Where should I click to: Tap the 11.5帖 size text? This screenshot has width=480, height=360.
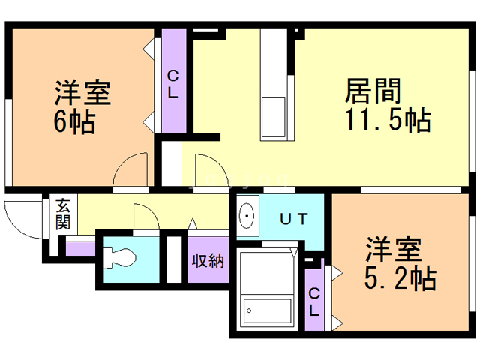tap(387, 119)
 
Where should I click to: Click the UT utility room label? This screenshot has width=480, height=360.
tap(293, 219)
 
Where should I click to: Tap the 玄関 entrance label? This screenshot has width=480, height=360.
tap(63, 213)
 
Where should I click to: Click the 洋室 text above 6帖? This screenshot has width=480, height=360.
tap(82, 93)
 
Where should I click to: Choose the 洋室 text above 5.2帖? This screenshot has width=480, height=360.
tap(394, 250)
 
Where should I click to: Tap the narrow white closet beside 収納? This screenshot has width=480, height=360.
tap(174, 259)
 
